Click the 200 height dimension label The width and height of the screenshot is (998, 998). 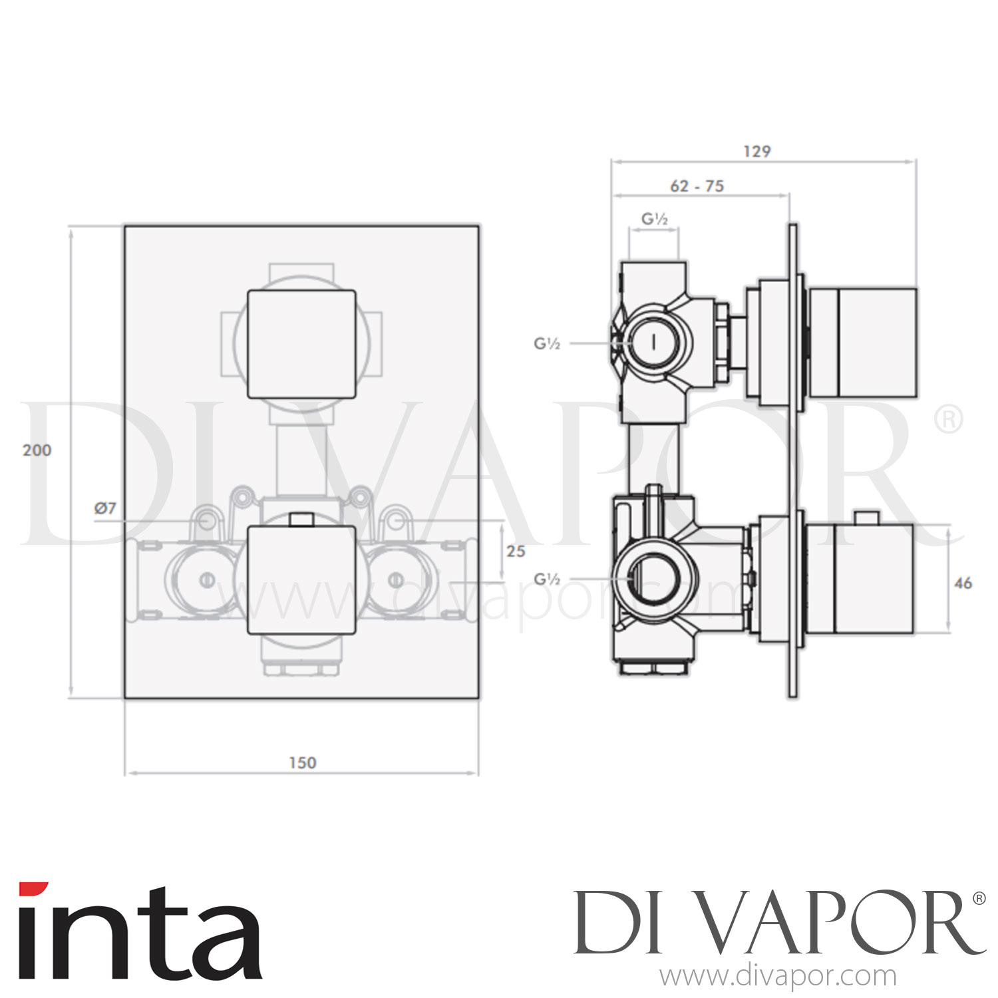point(37,450)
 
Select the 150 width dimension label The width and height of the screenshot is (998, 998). point(302,762)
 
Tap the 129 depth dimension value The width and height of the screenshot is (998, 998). point(757,152)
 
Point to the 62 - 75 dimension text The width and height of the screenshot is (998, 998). point(697,186)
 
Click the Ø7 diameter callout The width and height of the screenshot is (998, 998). point(105,508)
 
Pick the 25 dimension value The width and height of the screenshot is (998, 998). point(516,551)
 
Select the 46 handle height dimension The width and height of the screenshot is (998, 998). point(963,583)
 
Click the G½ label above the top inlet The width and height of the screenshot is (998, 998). point(654,219)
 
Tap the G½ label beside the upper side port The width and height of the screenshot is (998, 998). point(547,344)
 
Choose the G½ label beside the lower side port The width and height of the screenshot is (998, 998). point(547,580)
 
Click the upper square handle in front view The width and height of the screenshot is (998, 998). point(301,344)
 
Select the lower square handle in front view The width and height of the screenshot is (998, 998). point(301,580)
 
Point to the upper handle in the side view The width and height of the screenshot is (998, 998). point(863,343)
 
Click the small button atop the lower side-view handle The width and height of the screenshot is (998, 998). point(866,518)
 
